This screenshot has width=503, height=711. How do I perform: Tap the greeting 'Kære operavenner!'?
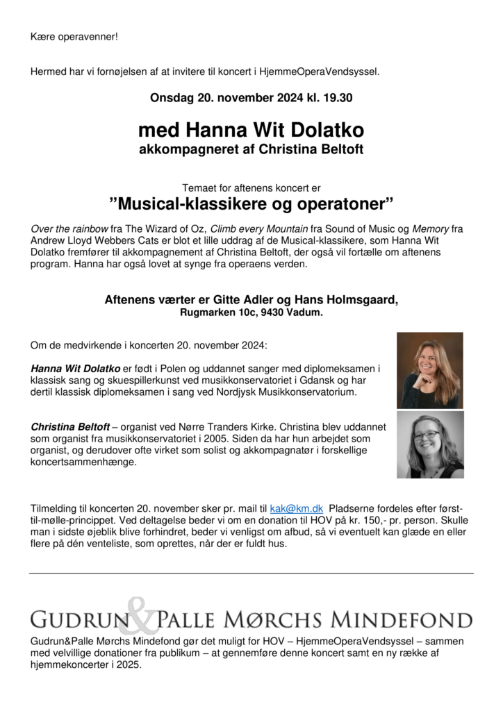click(x=74, y=36)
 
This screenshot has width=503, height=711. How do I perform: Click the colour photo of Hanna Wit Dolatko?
click(x=429, y=369)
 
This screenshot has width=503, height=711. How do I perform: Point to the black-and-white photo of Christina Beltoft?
click(x=429, y=445)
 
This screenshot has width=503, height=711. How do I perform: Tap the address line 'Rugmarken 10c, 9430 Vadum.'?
click(x=251, y=312)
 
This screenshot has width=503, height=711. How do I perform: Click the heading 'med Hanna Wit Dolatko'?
click(x=251, y=130)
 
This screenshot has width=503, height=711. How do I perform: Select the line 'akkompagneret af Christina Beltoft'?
click(x=251, y=149)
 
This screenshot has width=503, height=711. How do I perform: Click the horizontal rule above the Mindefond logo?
click(x=251, y=573)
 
